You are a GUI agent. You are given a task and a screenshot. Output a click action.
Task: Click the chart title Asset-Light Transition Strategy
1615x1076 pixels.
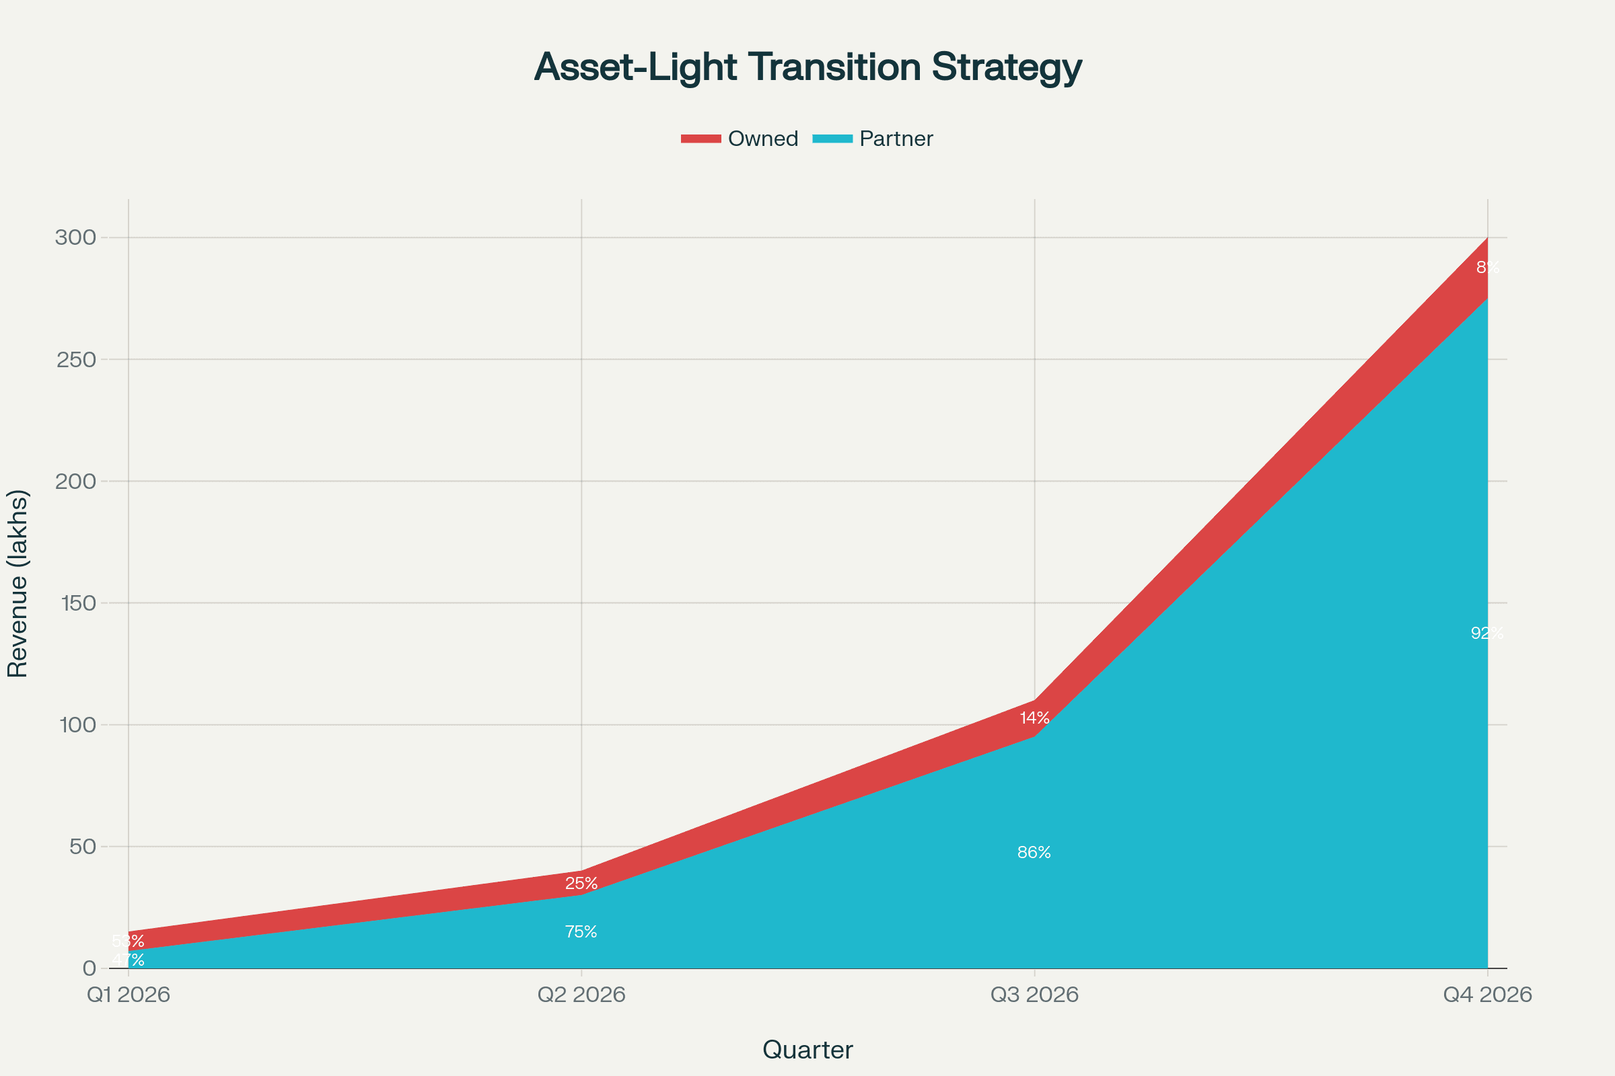click(x=808, y=67)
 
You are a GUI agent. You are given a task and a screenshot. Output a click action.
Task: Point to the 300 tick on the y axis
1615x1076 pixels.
click(x=75, y=237)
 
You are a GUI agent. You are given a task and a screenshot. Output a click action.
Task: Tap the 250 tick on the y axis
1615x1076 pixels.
click(x=75, y=360)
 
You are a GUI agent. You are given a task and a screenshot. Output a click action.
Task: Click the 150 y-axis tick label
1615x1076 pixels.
click(x=77, y=603)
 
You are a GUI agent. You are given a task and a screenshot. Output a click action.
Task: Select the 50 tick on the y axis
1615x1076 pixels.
click(x=82, y=847)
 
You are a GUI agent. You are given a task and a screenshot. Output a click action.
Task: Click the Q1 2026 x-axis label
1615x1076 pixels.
click(x=129, y=995)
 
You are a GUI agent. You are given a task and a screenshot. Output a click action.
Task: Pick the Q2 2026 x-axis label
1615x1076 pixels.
click(x=581, y=995)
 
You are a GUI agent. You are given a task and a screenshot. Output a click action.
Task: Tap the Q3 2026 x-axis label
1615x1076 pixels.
click(x=1034, y=995)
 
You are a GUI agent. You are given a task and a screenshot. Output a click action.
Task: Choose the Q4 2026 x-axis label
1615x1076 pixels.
click(x=1487, y=995)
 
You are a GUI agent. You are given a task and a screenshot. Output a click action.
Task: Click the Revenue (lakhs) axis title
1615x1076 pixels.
click(x=17, y=583)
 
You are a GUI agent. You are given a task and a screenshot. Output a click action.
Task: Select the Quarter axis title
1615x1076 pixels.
click(x=808, y=1050)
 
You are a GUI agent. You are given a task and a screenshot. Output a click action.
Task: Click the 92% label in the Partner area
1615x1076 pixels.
click(x=1486, y=633)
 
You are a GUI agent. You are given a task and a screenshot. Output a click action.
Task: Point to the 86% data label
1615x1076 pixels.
click(x=1034, y=852)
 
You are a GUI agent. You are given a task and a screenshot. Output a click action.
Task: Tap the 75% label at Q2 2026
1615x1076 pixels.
click(x=581, y=932)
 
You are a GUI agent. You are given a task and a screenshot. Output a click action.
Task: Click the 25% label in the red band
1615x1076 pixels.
click(x=581, y=883)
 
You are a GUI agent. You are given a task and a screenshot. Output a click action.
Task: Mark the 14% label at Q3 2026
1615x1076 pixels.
click(x=1034, y=718)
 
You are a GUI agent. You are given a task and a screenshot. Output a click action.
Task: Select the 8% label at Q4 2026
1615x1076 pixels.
click(x=1487, y=267)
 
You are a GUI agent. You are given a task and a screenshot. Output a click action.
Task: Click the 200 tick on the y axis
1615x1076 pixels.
click(x=75, y=481)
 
